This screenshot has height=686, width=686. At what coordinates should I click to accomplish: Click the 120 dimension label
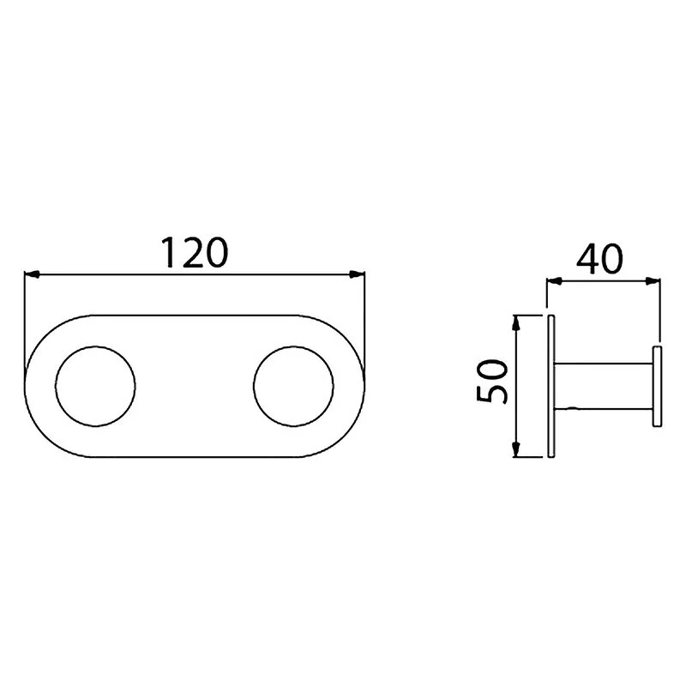[x=195, y=252]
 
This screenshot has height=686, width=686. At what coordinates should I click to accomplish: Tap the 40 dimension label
[x=599, y=259]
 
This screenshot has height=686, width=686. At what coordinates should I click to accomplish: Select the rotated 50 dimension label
[x=492, y=381]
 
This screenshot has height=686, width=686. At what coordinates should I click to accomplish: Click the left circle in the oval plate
[x=56, y=386]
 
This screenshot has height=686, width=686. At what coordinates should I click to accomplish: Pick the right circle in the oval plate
[x=253, y=386]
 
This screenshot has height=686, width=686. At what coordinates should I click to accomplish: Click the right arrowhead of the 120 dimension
[x=357, y=274]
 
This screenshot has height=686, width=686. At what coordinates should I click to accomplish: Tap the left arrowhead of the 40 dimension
[x=554, y=282]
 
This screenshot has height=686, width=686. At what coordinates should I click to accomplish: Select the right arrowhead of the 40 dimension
[x=653, y=282]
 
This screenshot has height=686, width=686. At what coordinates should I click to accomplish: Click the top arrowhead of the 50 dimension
[x=516, y=323]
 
